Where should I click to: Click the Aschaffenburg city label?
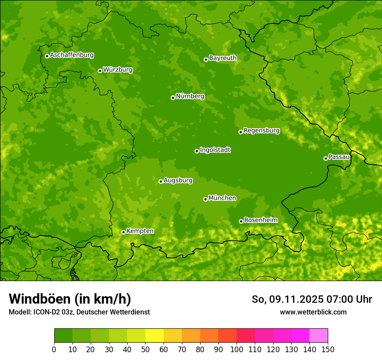72,55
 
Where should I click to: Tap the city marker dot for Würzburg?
100,71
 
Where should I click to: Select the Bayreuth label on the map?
223,58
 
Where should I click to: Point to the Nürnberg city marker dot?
173,98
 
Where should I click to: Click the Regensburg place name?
261,131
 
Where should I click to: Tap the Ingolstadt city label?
215,150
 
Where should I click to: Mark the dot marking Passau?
326,158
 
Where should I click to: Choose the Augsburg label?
178,180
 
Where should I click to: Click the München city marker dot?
205,199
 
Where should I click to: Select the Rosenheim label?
260,220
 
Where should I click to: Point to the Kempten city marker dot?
123,232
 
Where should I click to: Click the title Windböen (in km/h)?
70,299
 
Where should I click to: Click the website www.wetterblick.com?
313,312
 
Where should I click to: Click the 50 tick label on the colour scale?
145,349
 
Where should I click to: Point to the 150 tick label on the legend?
328,349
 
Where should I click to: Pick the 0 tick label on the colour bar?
54,349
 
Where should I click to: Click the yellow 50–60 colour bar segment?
155,336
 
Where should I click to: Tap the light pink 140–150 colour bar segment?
319,336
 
